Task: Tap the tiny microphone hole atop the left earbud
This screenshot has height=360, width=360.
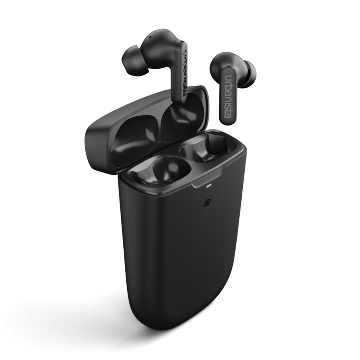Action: (150, 36)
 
